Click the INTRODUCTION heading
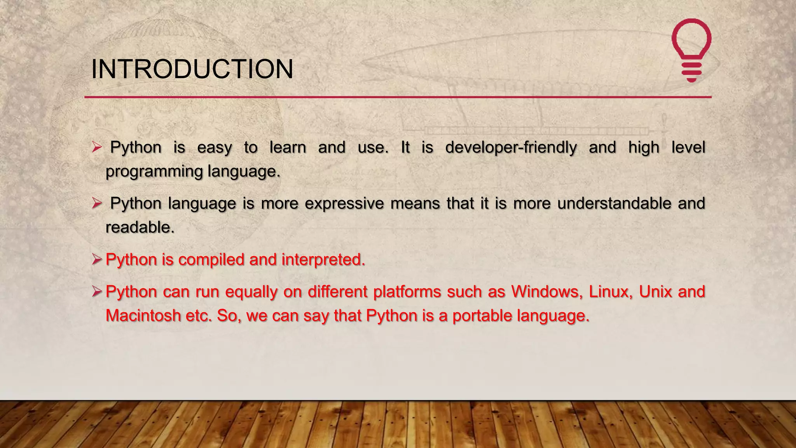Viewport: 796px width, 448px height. click(192, 69)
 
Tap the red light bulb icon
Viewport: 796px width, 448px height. click(691, 50)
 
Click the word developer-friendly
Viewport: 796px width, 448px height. click(511, 148)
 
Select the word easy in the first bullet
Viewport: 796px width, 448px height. click(214, 148)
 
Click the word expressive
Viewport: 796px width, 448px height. click(344, 203)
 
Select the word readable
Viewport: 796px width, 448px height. click(139, 227)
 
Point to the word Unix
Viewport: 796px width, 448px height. click(655, 292)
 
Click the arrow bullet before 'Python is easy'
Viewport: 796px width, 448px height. click(97, 147)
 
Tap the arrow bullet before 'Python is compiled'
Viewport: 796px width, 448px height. click(97, 259)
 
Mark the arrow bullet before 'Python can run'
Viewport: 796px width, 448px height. click(97, 291)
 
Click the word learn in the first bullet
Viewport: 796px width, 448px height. click(288, 148)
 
